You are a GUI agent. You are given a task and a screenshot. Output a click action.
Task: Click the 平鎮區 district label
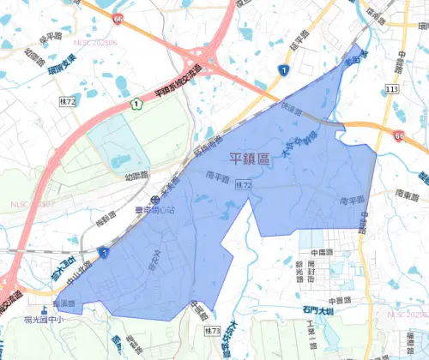click(251, 159)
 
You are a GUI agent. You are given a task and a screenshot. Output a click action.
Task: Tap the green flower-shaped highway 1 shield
click(135, 105)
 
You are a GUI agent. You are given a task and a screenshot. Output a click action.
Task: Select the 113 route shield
click(393, 89)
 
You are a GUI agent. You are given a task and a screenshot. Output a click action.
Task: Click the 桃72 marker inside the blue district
click(245, 185)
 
